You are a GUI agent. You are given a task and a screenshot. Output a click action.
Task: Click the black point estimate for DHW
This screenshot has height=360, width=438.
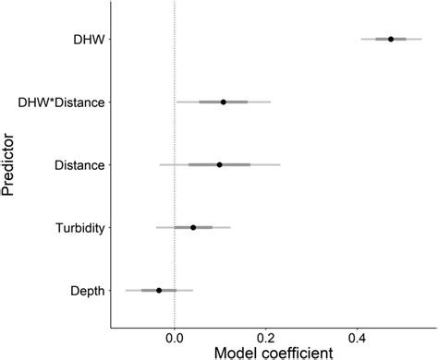391,39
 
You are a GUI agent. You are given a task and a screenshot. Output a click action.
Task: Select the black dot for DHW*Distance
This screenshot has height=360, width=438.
224,102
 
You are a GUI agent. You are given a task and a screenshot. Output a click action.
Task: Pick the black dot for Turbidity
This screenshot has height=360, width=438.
193,227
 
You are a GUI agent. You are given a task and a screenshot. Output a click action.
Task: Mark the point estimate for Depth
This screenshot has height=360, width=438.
159,290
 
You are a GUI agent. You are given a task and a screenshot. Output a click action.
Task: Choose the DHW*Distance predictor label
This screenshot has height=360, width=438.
67,102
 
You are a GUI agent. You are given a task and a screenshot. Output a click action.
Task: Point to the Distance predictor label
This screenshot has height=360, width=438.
79,164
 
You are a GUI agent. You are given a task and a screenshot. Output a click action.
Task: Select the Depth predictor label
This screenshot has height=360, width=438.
87,290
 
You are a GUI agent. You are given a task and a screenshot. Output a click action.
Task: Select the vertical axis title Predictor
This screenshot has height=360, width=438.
11,166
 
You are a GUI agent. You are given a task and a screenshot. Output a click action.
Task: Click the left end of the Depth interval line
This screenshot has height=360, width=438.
127,290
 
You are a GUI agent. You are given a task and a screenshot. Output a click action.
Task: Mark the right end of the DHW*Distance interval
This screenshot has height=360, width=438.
271,102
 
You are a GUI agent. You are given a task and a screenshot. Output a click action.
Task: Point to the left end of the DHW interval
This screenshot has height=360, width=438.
361,39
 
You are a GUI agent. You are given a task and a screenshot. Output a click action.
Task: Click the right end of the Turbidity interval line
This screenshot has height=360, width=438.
230,227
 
